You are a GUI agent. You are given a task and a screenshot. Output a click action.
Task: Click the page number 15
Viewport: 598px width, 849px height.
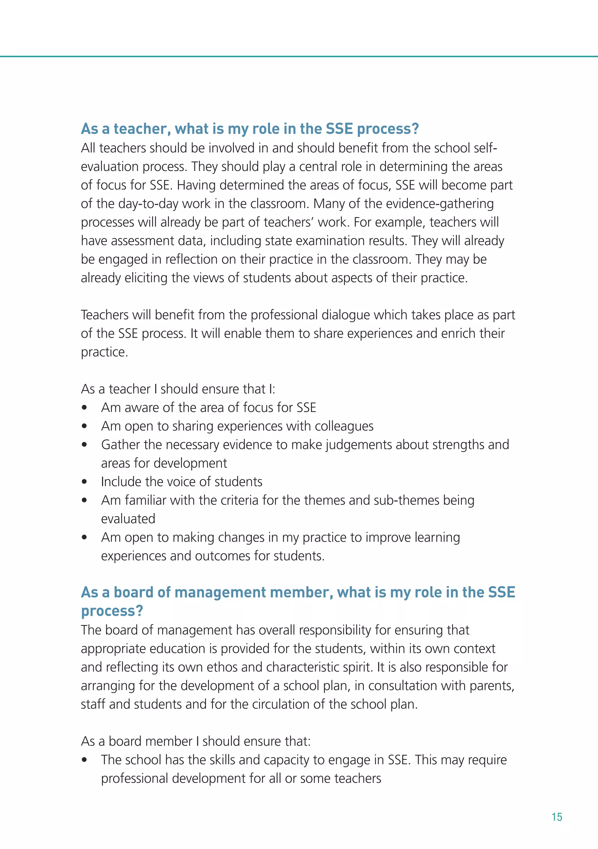point(557,817)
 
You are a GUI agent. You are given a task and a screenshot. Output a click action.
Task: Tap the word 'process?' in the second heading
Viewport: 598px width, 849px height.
point(112,611)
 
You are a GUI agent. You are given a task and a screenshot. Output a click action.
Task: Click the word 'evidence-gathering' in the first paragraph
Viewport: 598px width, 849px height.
point(440,204)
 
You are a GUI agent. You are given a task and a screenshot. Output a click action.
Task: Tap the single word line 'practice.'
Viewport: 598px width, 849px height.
point(105,352)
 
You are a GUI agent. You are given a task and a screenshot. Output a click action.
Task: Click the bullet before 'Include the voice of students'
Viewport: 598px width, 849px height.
point(85,482)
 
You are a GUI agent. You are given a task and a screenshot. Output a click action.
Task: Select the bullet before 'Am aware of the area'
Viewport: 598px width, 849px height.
point(85,408)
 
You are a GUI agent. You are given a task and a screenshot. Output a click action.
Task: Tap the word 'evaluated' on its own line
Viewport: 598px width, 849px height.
point(128,519)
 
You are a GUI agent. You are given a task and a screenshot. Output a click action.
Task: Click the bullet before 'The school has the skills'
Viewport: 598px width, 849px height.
point(85,760)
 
